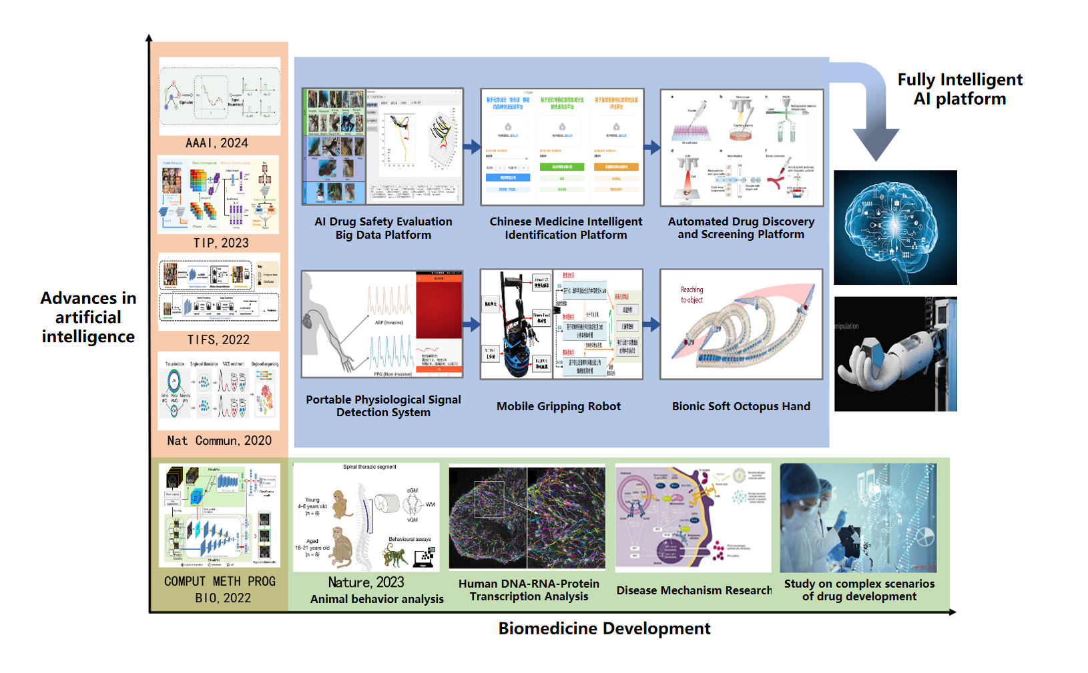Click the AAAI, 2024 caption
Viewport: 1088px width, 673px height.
pyautogui.click(x=217, y=143)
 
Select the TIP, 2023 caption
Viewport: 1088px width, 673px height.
pyautogui.click(x=221, y=243)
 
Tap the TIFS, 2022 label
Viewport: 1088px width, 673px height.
pyautogui.click(x=218, y=340)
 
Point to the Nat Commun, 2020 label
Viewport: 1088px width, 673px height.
pyautogui.click(x=219, y=441)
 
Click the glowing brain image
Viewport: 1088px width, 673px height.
pyautogui.click(x=895, y=227)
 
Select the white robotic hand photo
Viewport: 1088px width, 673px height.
pyautogui.click(x=895, y=354)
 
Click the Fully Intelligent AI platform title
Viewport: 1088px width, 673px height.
pyautogui.click(x=959, y=89)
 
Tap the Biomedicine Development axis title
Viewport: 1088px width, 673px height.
pyautogui.click(x=604, y=629)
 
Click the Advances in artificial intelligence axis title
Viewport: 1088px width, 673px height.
pyautogui.click(x=88, y=317)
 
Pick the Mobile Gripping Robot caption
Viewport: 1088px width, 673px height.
pyautogui.click(x=559, y=406)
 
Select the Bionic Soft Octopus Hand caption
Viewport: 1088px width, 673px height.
pyautogui.click(x=741, y=406)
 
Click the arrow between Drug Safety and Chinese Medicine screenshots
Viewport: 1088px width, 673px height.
pyautogui.click(x=472, y=147)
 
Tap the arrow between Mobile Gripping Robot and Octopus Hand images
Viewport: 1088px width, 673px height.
pyautogui.click(x=651, y=325)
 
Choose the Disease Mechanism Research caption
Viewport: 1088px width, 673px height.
pyautogui.click(x=694, y=590)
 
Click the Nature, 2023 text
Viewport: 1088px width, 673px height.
pyautogui.click(x=366, y=582)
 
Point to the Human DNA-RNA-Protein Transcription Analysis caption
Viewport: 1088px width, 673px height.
pyautogui.click(x=529, y=590)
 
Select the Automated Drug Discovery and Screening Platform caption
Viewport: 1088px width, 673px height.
pyautogui.click(x=741, y=228)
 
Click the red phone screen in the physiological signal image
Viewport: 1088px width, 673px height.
pyautogui.click(x=439, y=307)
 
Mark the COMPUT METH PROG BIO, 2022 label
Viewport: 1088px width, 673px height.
pyautogui.click(x=220, y=590)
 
